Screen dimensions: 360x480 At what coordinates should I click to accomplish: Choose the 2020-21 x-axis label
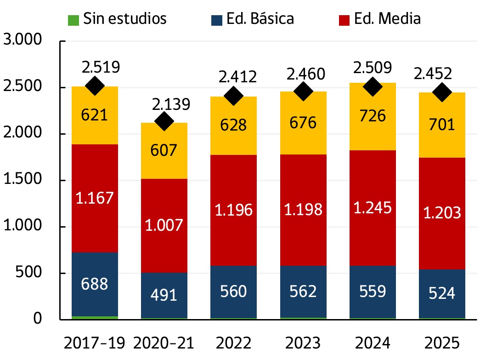[x=164, y=343]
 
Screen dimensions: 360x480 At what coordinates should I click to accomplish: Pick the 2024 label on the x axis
[x=372, y=343]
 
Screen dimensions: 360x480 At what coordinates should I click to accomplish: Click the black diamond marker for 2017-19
[x=95, y=86]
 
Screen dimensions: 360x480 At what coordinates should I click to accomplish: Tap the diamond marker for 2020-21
[x=164, y=121]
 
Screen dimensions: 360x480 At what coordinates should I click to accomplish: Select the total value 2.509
[x=372, y=68]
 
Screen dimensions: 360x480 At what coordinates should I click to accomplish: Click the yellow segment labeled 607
[x=164, y=151]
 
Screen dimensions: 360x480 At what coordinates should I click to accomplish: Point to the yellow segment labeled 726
[x=372, y=117]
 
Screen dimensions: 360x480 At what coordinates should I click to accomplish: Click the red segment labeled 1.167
[x=95, y=198]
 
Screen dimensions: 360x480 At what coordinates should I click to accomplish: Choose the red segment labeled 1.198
[x=303, y=210]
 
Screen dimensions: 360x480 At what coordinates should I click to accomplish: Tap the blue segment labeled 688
[x=95, y=284]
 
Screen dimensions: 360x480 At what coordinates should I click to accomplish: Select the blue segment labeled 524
[x=442, y=293]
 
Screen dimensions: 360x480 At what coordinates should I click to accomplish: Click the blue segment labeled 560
[x=234, y=291]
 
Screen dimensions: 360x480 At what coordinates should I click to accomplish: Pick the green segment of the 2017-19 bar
[x=95, y=317]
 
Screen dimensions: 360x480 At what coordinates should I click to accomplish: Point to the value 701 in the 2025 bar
[x=442, y=125]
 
